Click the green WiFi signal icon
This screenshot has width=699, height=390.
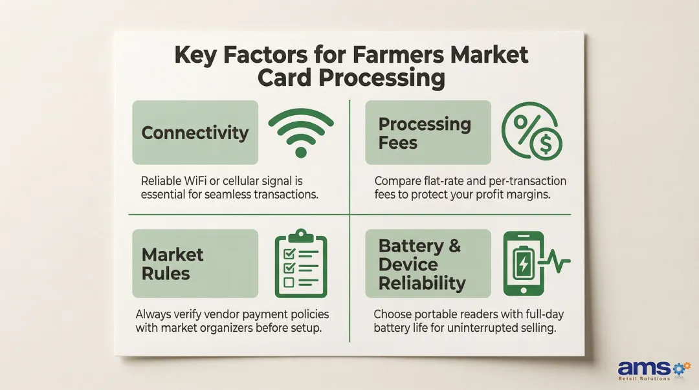(x=300, y=129)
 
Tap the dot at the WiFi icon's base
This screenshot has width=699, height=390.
(x=300, y=152)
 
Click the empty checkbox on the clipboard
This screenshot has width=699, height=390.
(x=290, y=282)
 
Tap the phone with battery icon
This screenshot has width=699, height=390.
(x=522, y=263)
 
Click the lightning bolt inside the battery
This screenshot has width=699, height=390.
(x=521, y=264)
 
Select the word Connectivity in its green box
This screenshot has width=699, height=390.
(x=195, y=133)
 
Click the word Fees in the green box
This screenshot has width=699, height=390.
(x=397, y=142)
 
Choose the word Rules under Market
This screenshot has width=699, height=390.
(x=166, y=273)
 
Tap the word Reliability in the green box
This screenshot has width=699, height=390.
(x=421, y=283)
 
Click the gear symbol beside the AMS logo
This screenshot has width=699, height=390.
(x=680, y=367)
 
